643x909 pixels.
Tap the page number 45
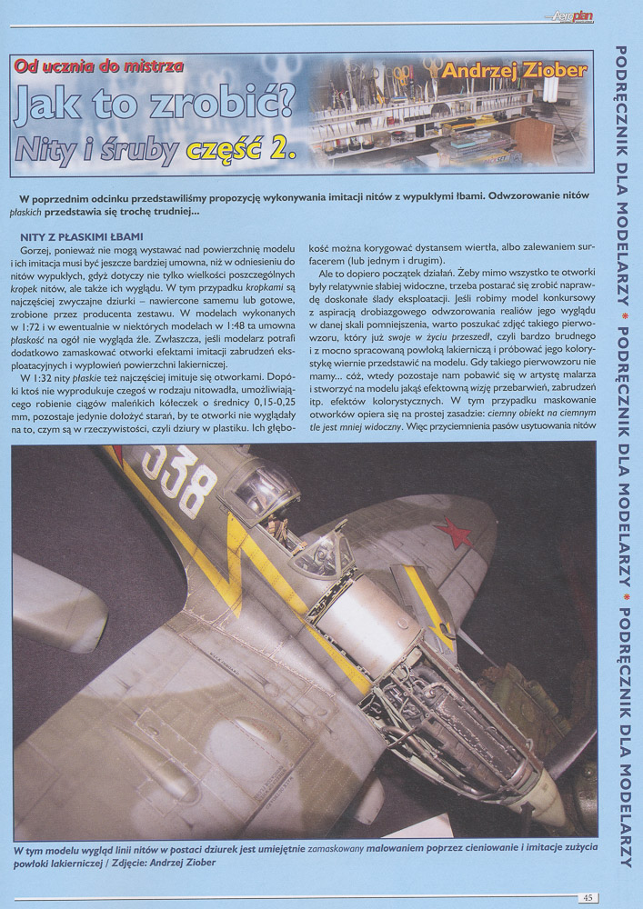pos(588,897)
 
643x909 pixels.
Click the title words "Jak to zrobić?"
pos(155,105)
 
